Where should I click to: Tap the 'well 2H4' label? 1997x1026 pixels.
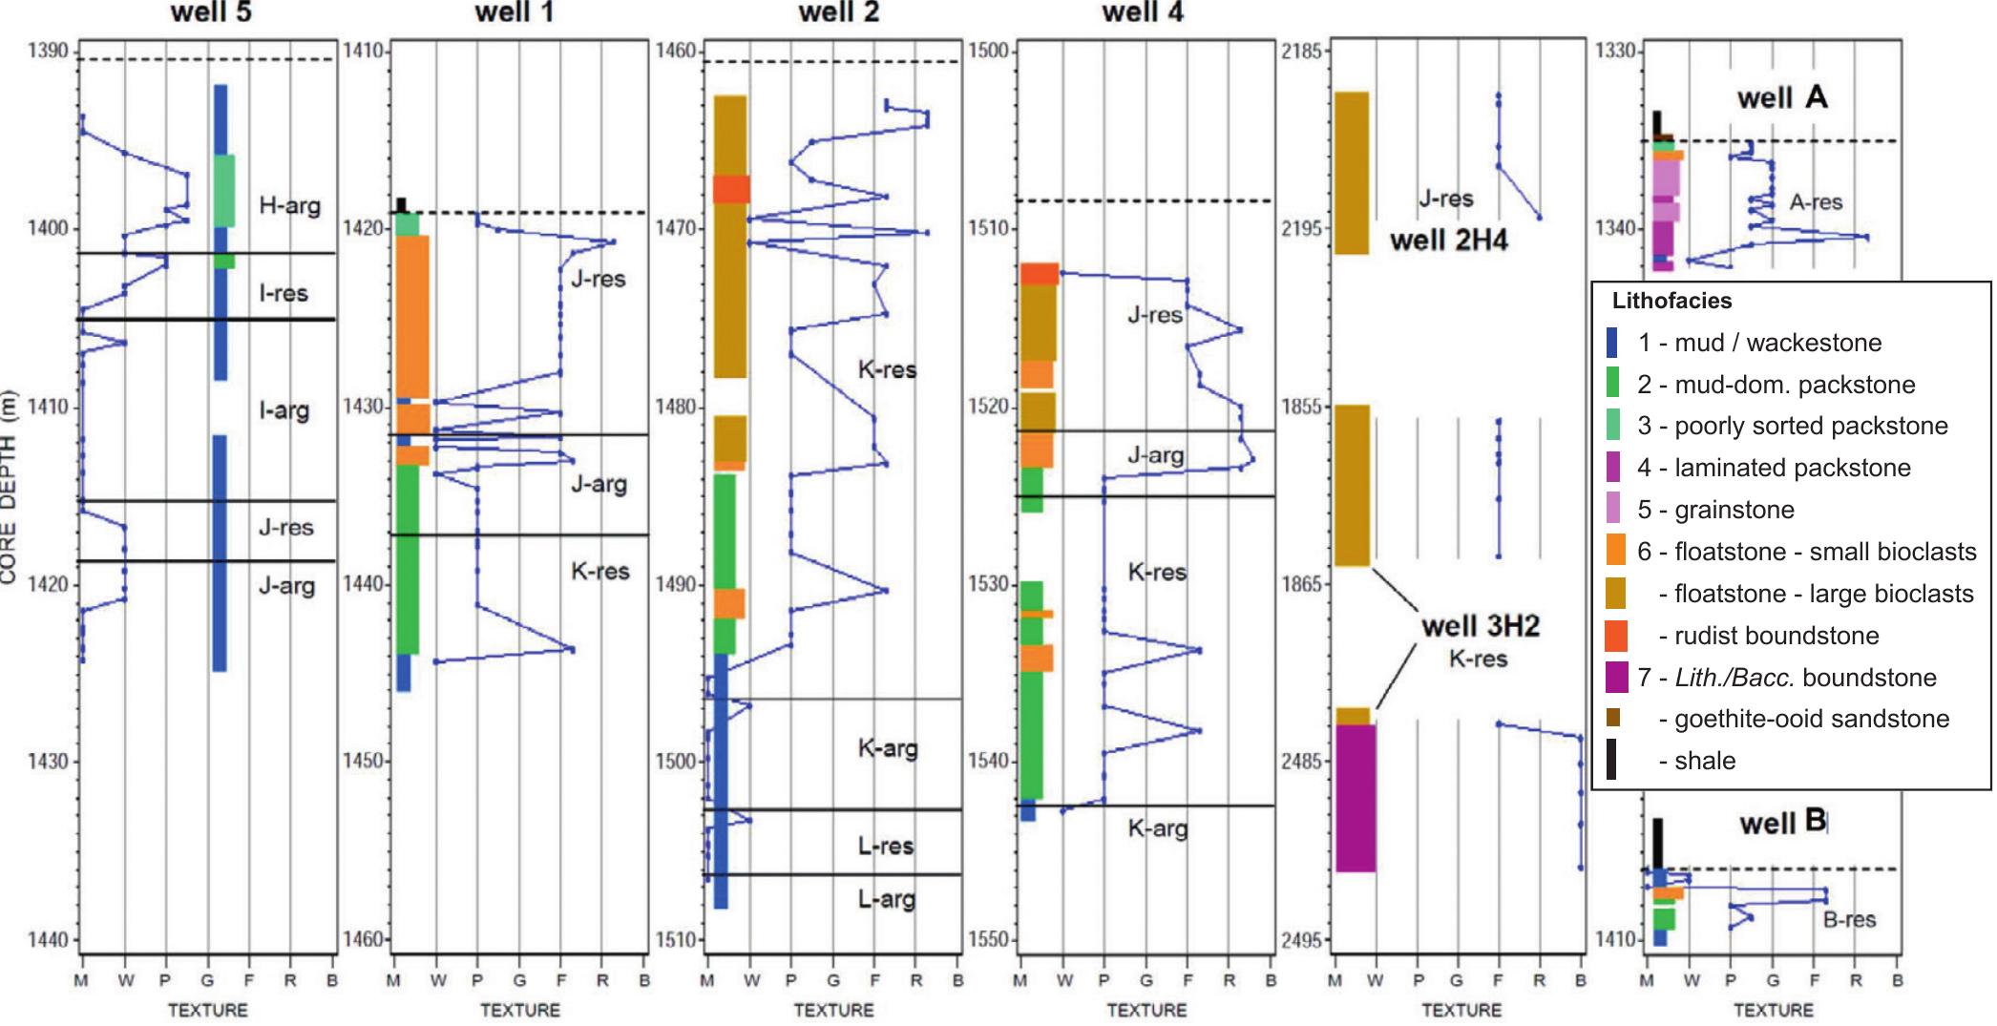[1449, 240]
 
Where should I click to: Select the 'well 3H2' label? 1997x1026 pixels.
[1481, 626]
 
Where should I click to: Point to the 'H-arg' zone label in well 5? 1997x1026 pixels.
[290, 205]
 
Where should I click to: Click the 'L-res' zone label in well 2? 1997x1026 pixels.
[885, 846]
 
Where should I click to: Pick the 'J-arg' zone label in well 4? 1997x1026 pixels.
[1156, 455]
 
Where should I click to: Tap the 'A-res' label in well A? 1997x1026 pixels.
[1816, 202]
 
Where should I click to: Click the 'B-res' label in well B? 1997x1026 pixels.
[1850, 920]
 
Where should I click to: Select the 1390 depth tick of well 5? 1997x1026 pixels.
[49, 51]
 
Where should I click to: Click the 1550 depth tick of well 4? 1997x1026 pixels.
[989, 940]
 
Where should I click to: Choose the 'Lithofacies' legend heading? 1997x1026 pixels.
[1671, 301]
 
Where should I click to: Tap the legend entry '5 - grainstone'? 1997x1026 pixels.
[1715, 510]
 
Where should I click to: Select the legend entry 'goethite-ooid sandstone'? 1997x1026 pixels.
[1804, 719]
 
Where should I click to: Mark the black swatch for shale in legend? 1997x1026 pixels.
[1612, 761]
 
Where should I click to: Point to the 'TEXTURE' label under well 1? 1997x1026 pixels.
[520, 1010]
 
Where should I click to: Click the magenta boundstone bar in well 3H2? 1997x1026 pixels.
[1356, 798]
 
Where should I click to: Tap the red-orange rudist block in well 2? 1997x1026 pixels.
[731, 189]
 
